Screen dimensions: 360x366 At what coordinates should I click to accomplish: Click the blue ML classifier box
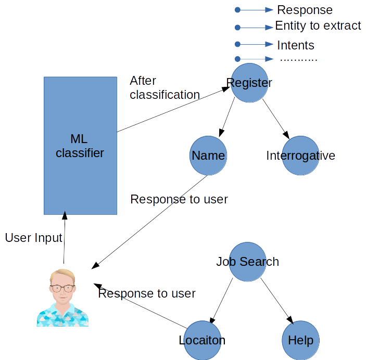tap(80, 146)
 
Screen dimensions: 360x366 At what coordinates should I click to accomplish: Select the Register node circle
tap(250, 83)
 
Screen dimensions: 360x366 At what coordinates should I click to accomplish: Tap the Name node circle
tap(208, 156)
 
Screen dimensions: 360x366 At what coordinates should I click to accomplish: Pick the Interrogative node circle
tap(301, 156)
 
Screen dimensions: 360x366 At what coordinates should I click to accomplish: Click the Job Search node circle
tap(248, 262)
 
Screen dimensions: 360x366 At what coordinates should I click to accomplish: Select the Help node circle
tap(300, 341)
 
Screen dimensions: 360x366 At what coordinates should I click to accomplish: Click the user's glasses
tap(62, 288)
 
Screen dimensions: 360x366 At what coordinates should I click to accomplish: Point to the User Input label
tap(34, 238)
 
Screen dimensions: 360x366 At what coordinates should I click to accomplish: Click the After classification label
tap(164, 88)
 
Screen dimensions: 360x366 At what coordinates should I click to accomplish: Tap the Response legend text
tap(305, 10)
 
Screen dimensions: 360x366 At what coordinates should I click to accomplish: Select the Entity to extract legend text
tap(318, 26)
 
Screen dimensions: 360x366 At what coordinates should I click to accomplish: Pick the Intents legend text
tap(296, 45)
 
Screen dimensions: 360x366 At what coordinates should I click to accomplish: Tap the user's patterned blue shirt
tap(62, 315)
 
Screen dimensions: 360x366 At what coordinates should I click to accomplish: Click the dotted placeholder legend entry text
tap(298, 60)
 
